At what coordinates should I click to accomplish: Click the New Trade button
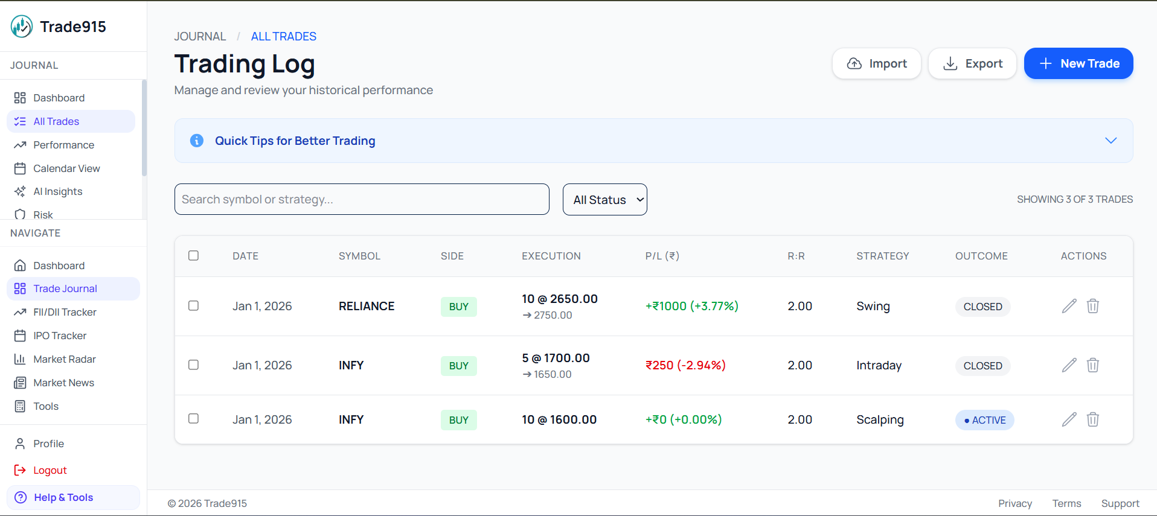1078,63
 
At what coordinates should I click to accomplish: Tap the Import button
876,63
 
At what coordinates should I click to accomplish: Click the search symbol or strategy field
362,199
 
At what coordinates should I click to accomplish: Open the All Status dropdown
604,200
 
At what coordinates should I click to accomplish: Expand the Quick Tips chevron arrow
1111,141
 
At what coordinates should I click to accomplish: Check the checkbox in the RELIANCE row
193,305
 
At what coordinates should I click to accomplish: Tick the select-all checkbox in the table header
193,255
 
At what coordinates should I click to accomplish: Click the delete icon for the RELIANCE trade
1092,306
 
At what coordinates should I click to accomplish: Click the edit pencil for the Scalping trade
1069,419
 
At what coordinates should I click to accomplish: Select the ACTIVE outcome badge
984,420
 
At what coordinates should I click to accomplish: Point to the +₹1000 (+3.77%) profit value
691,306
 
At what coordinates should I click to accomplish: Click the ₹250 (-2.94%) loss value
685,365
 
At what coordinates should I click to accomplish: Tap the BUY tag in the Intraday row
458,366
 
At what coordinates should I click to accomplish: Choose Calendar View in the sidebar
66,168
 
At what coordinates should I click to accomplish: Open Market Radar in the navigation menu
65,359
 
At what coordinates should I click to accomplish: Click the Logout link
50,470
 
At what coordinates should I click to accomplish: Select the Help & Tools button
63,497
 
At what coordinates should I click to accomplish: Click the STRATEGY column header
882,256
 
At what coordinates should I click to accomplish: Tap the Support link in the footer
1120,503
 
